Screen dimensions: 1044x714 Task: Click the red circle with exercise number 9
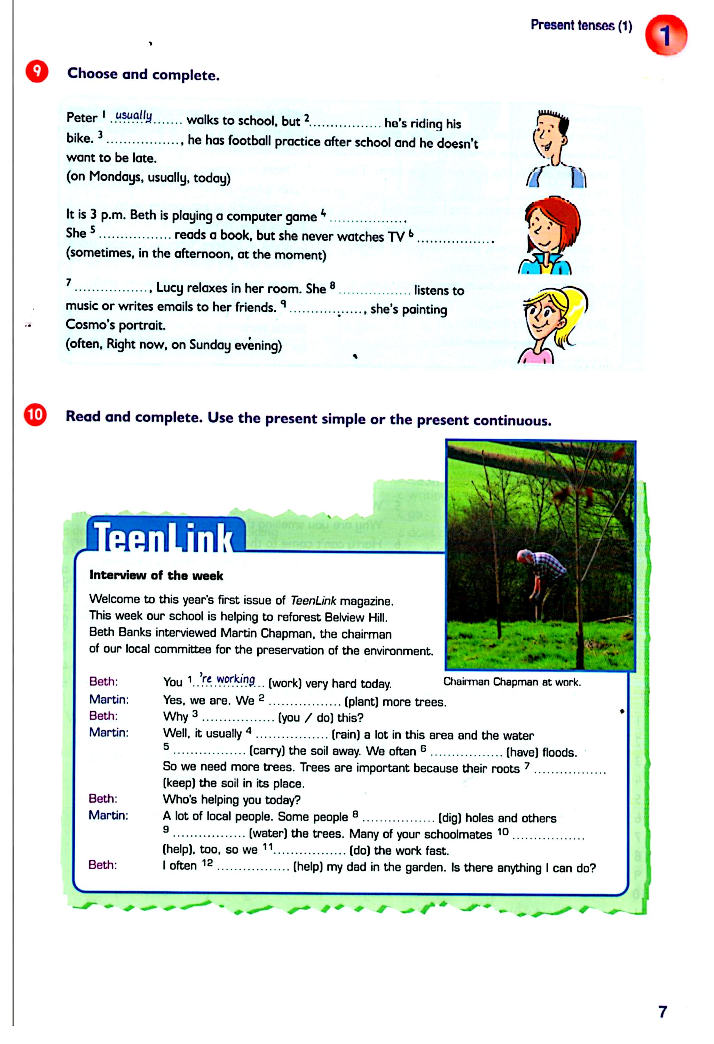coord(37,72)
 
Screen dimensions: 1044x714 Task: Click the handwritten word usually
coord(133,116)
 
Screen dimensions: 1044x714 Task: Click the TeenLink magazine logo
coord(164,537)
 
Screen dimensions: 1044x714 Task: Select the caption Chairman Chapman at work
coord(512,682)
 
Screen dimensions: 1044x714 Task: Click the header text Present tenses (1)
coord(581,26)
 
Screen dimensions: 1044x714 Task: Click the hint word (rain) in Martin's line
coord(346,735)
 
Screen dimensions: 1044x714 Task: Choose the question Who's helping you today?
coord(232,800)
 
